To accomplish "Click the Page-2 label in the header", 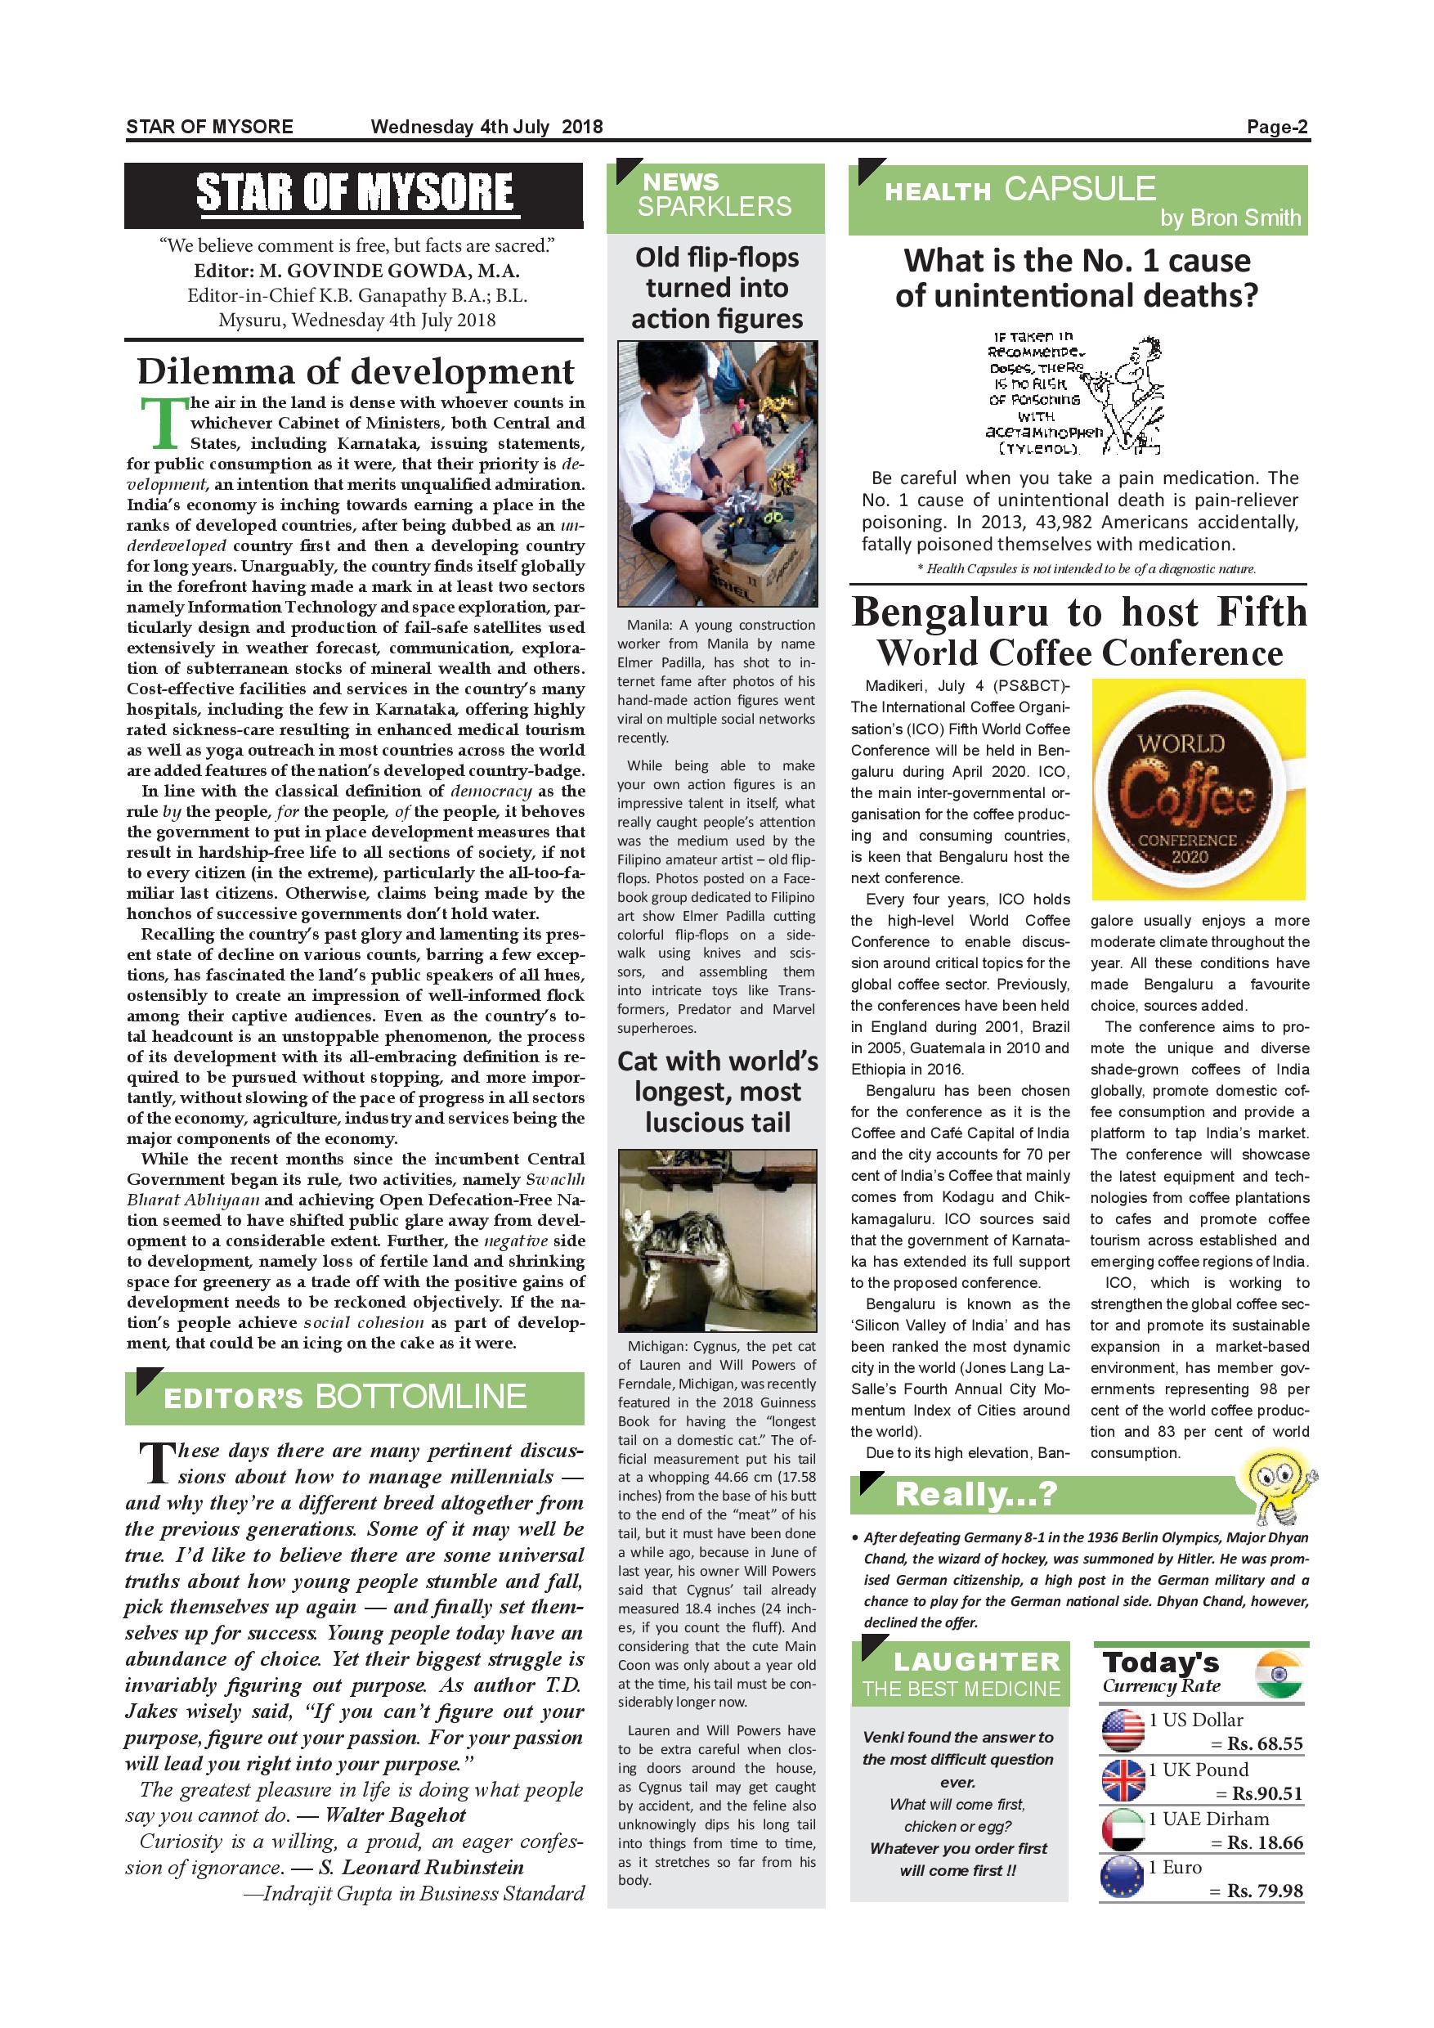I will (x=1277, y=128).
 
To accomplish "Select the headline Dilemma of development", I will (x=355, y=372).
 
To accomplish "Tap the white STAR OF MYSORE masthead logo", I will (x=354, y=194).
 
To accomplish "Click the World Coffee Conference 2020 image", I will (x=1199, y=789).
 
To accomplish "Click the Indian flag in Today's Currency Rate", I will (x=1279, y=1676).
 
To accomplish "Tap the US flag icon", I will (x=1123, y=1730).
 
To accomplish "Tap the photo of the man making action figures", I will (x=717, y=473).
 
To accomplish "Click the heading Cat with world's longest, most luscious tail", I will (x=717, y=1092).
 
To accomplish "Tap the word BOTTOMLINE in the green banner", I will (x=420, y=1397).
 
